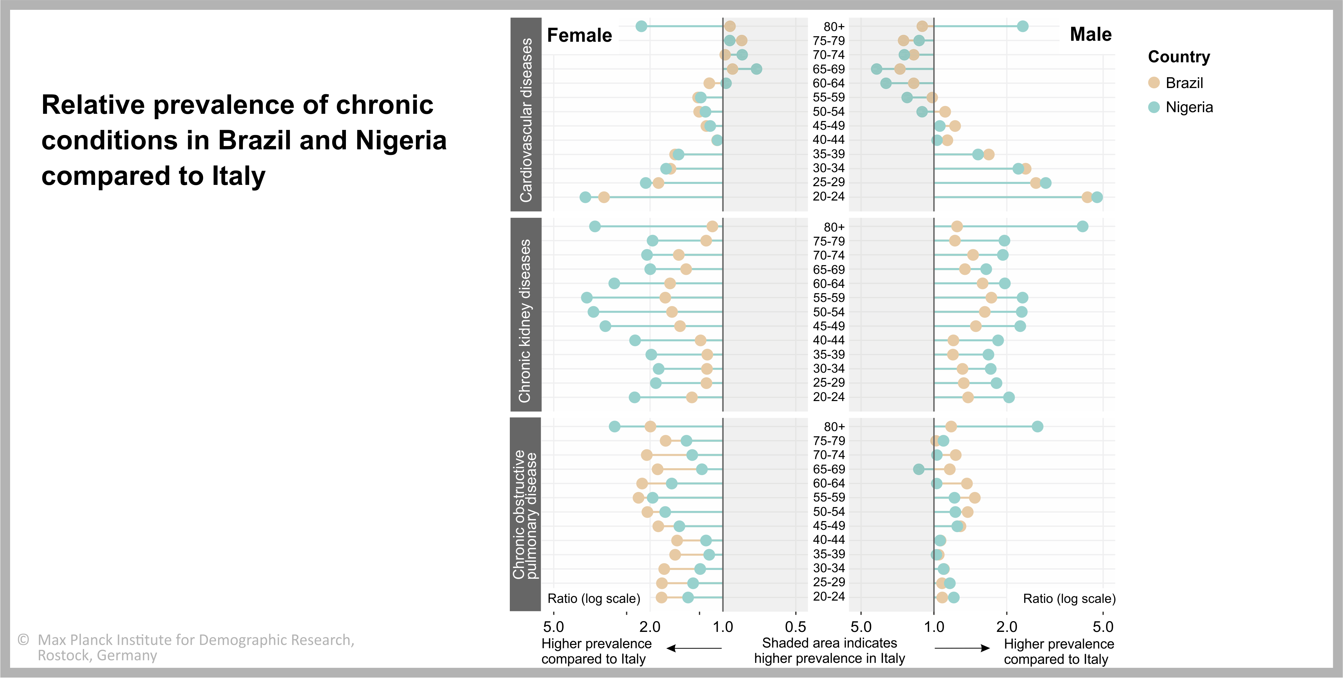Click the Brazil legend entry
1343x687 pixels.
1184,83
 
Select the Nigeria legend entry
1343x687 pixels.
1189,108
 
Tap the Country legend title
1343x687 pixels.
1179,56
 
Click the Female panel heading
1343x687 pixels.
579,36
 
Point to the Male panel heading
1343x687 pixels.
1091,35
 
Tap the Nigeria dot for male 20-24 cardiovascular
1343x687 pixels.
1097,197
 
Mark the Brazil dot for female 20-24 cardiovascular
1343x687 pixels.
604,197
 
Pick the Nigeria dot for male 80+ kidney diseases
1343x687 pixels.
1082,226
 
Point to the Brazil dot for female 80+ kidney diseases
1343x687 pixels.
712,226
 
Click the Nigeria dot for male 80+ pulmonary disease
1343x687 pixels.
1038,427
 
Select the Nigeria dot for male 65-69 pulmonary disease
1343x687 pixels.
919,470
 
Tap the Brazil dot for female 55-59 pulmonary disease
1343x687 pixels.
639,498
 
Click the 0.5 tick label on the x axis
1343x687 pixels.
796,626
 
